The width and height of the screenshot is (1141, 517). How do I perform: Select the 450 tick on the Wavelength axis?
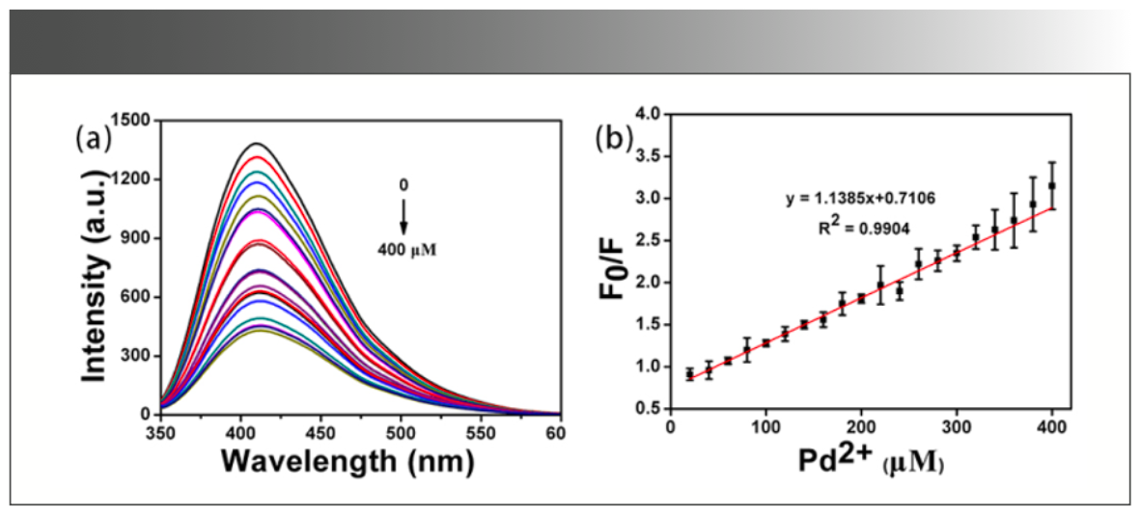[321, 430]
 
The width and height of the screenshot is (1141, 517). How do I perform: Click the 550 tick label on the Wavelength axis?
[482, 430]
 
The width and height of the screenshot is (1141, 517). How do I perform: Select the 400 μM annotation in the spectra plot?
[404, 246]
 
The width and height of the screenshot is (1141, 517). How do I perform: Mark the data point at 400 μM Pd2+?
[1052, 185]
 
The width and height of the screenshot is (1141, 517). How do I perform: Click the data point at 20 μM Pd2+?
[689, 374]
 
